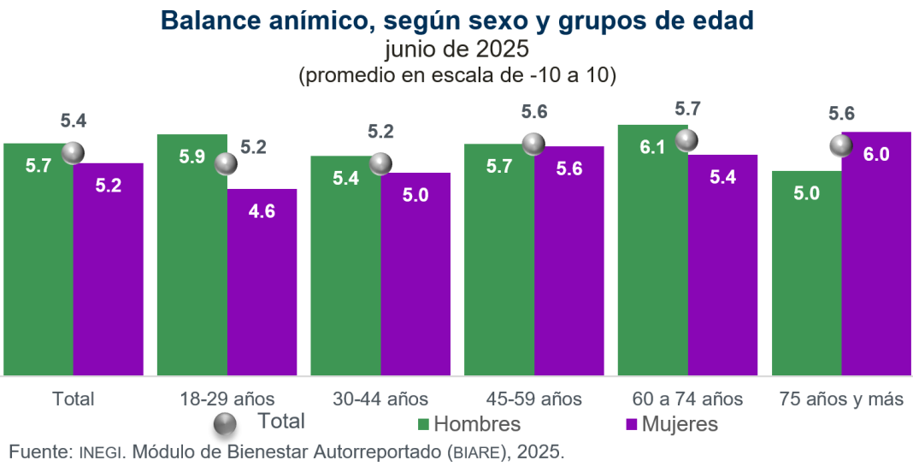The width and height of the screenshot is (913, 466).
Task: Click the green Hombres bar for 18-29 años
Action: (191, 257)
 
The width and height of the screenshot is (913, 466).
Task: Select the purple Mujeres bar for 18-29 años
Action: (262, 282)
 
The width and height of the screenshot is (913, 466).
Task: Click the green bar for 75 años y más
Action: (806, 274)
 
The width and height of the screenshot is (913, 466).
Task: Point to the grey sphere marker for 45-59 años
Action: (534, 145)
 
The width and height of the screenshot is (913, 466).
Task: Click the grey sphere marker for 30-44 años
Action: (380, 163)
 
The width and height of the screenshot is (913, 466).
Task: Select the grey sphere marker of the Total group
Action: (74, 153)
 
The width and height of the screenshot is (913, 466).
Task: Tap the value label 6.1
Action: (652, 147)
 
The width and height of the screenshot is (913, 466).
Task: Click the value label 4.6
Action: (262, 211)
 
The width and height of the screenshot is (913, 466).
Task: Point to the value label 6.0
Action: (876, 155)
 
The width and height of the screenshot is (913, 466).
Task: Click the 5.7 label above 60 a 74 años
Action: (687, 109)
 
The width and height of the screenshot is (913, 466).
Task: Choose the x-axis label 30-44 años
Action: (380, 398)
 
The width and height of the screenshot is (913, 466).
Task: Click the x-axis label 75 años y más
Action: (841, 398)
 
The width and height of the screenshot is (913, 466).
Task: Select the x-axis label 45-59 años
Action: (534, 398)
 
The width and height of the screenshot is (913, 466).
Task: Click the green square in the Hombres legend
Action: (423, 424)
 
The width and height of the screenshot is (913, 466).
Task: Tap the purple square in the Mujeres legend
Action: (632, 424)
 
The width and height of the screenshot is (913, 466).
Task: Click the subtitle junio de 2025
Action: (457, 50)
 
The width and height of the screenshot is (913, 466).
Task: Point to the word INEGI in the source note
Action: (102, 451)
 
